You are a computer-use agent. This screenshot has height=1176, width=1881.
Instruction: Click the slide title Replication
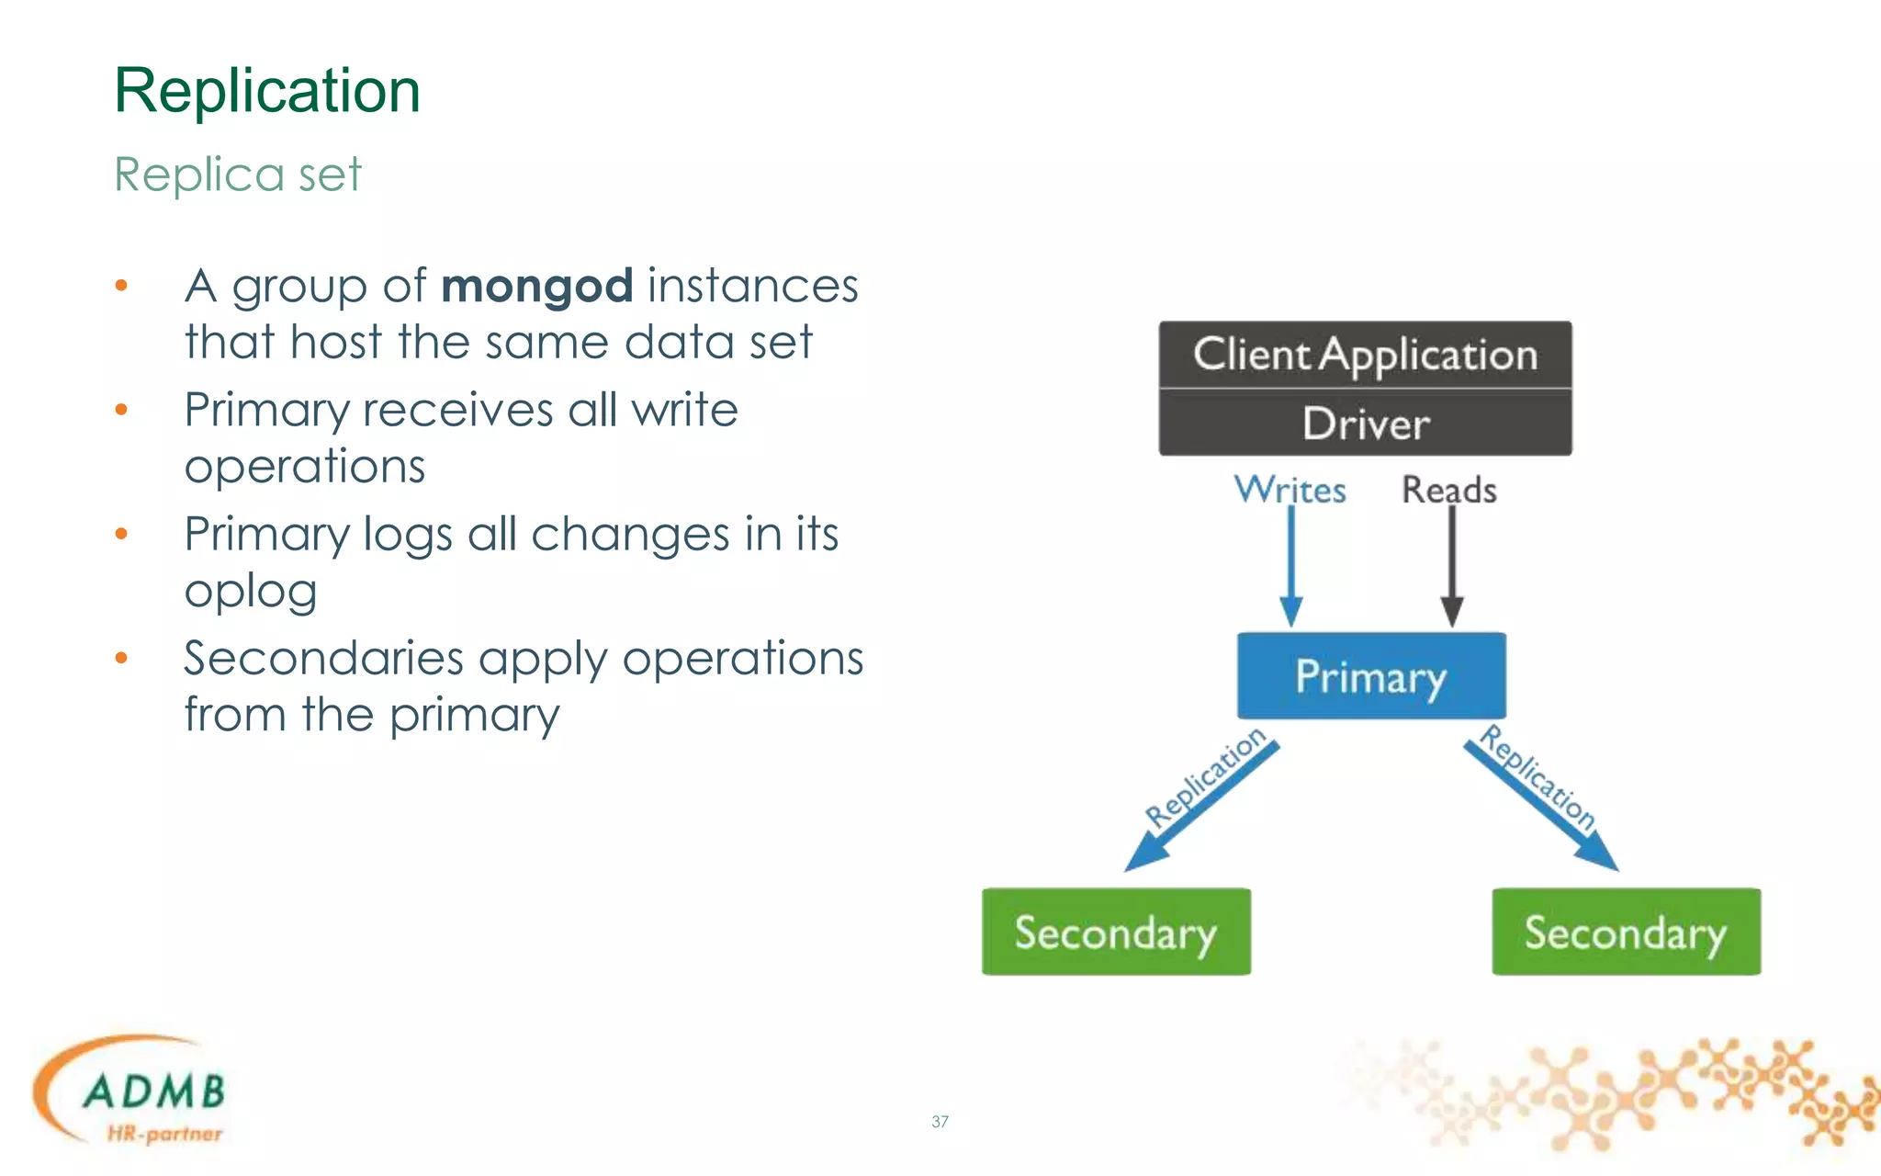[x=266, y=91]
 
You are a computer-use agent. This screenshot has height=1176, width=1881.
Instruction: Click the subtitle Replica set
[x=238, y=174]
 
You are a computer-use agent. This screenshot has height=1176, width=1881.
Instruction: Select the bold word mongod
[x=536, y=286]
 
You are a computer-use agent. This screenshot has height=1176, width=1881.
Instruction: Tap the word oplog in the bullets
[x=251, y=591]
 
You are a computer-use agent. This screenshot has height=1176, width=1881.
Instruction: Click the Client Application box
[x=1365, y=355]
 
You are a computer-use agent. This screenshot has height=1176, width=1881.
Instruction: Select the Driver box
[x=1365, y=424]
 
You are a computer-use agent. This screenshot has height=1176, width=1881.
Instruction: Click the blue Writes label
[x=1290, y=490]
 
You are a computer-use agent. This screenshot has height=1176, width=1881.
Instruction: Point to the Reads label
[x=1448, y=490]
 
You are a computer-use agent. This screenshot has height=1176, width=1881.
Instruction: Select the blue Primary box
[x=1370, y=676]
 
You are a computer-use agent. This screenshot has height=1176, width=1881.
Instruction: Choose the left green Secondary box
[x=1116, y=932]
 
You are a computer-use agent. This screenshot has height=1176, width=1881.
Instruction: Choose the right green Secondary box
[x=1626, y=932]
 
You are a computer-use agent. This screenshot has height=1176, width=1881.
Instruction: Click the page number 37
[x=940, y=1121]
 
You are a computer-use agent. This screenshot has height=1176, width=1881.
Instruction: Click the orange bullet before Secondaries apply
[x=121, y=658]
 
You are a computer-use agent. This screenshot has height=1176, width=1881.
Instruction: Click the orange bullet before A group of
[x=121, y=286]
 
